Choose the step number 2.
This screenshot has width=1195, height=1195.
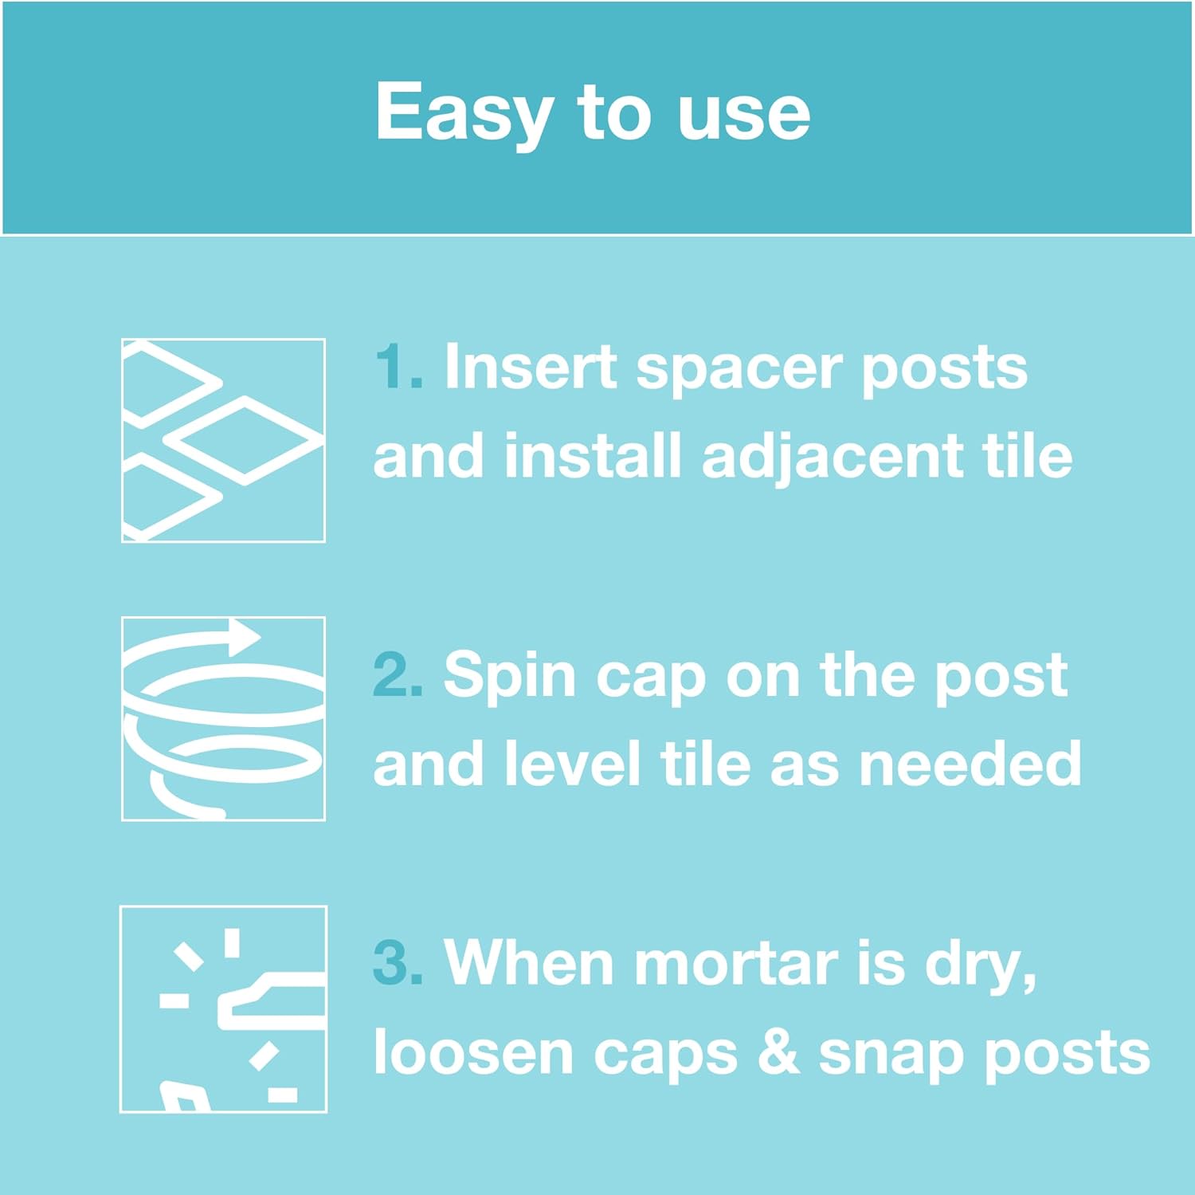398,674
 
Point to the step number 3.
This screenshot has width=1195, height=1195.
398,962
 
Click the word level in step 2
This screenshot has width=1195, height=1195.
572,763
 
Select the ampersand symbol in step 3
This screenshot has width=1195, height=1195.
778,1052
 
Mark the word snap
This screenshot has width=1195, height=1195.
891,1057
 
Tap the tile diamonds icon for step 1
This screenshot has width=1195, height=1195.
223,440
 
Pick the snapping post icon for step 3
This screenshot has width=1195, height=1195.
223,1008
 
